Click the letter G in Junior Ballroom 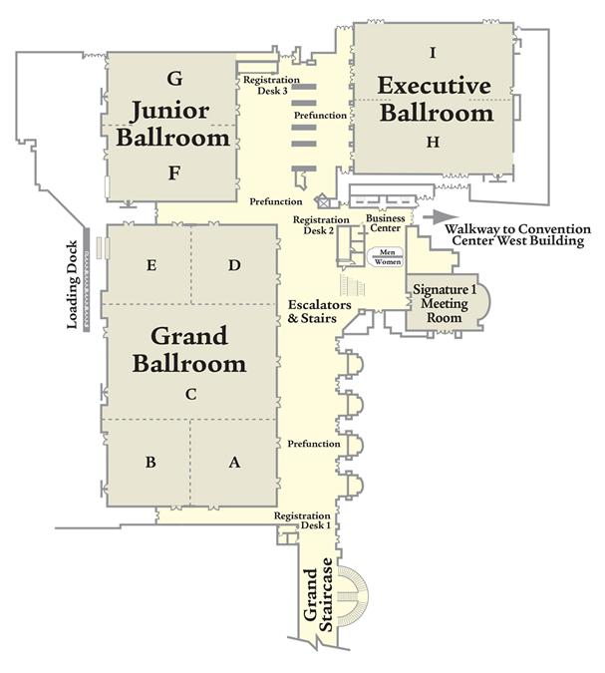(174, 79)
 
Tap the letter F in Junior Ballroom (173, 172)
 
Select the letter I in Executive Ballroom (433, 53)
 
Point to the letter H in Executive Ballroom (433, 142)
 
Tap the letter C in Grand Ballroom (191, 394)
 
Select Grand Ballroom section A (234, 463)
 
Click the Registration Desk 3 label (271, 85)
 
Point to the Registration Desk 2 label (320, 225)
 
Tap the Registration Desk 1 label (303, 520)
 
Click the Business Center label (386, 223)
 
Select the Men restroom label (387, 252)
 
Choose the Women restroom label (388, 261)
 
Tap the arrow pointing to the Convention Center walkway (441, 216)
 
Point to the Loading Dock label (72, 285)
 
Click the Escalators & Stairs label (319, 311)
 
